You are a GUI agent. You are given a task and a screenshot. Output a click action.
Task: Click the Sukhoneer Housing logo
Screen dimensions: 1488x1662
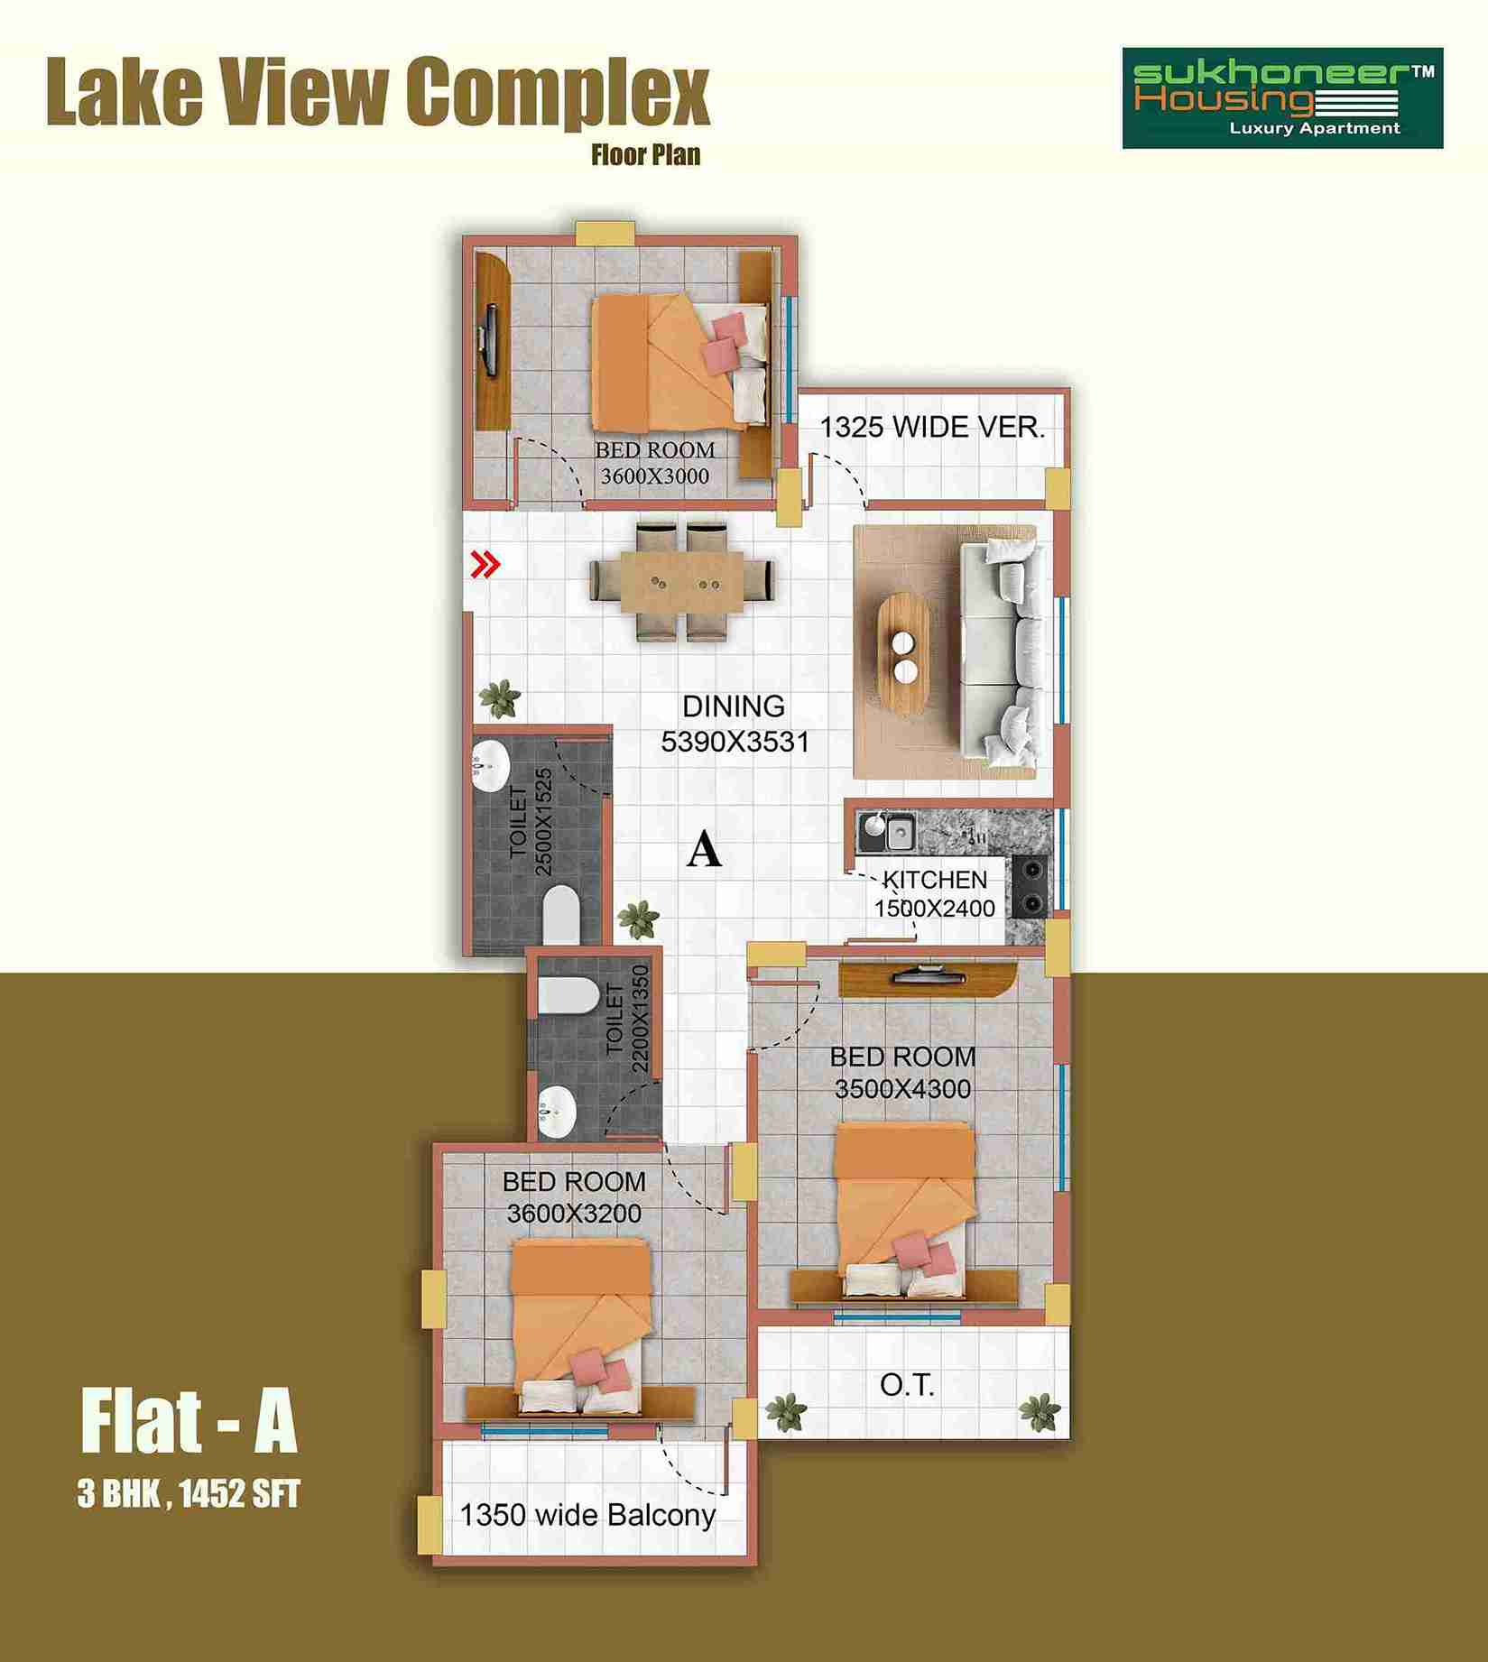click(1282, 98)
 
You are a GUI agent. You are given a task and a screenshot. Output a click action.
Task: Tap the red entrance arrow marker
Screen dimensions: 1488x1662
click(486, 566)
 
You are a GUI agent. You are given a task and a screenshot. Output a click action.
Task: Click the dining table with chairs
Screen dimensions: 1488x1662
click(682, 581)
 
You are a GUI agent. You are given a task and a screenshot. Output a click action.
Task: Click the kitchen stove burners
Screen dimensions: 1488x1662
click(1031, 886)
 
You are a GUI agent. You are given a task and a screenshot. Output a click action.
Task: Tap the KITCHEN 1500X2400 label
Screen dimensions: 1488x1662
click(935, 893)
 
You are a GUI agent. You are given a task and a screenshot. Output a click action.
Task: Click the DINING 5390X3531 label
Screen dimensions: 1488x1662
click(735, 723)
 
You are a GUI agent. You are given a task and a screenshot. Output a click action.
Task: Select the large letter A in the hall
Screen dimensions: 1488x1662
click(704, 850)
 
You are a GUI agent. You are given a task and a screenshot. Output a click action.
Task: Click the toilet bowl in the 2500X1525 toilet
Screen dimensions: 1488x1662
click(562, 913)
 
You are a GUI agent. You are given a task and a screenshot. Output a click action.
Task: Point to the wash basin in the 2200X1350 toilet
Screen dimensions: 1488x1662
click(557, 1111)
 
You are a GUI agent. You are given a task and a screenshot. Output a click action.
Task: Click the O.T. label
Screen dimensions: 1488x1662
click(907, 1385)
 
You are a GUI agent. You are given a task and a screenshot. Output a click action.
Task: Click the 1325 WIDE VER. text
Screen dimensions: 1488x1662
click(932, 427)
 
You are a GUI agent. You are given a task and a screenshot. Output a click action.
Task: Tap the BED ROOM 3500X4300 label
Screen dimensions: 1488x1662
click(902, 1072)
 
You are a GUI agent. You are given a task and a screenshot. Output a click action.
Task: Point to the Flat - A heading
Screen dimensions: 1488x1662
click(189, 1423)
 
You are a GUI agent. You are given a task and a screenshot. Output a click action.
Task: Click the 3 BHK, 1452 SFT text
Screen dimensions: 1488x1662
click(189, 1495)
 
